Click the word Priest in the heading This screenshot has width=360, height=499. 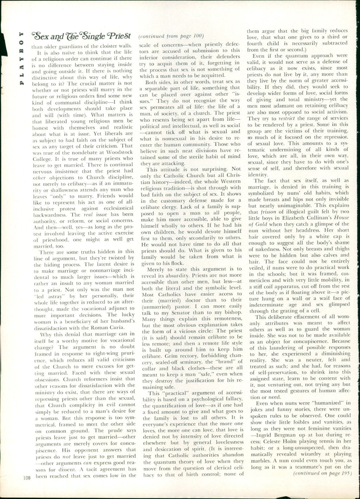pos(120,36)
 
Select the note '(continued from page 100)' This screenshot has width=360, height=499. pos(171,36)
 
